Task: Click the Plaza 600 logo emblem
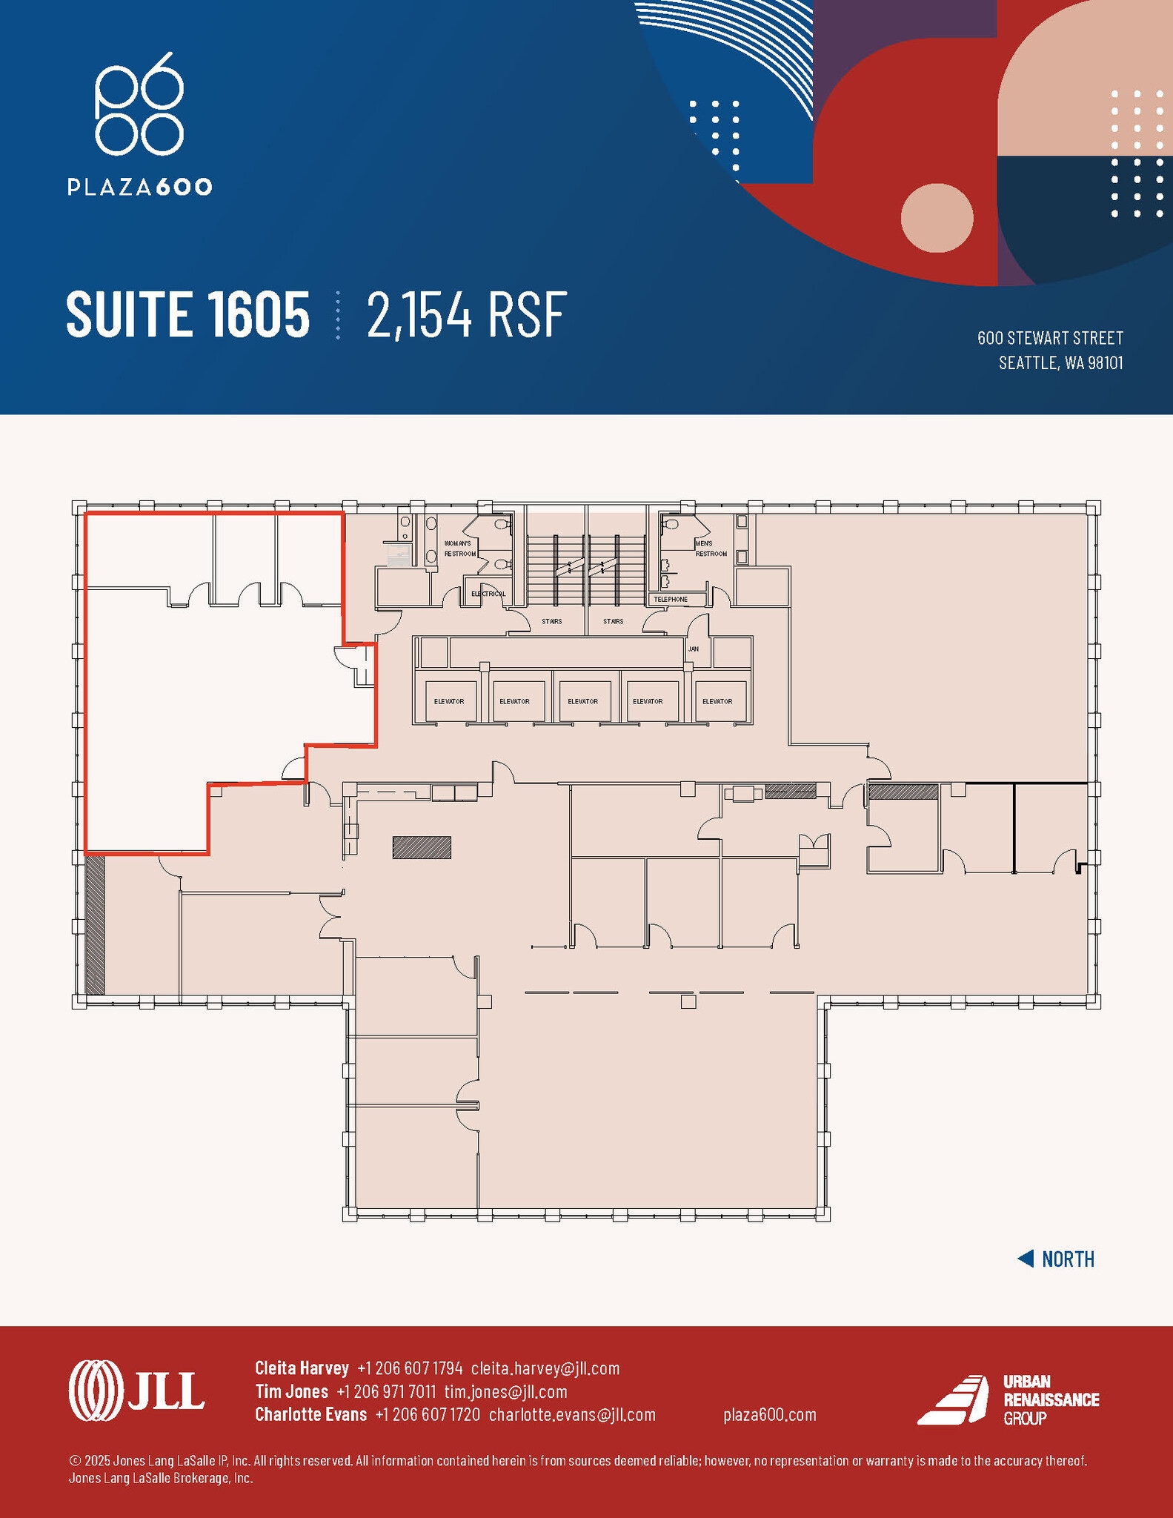tap(139, 104)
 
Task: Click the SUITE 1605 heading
tap(187, 314)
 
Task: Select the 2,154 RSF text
tap(467, 315)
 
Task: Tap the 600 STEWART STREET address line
tap(1049, 338)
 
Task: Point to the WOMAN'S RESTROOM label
tap(459, 548)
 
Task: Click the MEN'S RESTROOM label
tap(710, 548)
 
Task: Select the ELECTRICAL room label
tap(488, 594)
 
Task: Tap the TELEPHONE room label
tap(670, 599)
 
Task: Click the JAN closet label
tap(693, 649)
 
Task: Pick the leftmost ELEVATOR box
tap(449, 700)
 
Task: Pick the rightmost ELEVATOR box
tap(717, 700)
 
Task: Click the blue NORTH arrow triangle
tap(1026, 1259)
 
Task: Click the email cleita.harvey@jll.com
tap(545, 1368)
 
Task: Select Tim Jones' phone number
tap(386, 1391)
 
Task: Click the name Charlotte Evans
tap(310, 1414)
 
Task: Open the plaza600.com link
tap(769, 1414)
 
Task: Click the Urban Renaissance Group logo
tap(1008, 1399)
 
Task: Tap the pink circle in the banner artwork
tap(937, 219)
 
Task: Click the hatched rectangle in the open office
tap(422, 847)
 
